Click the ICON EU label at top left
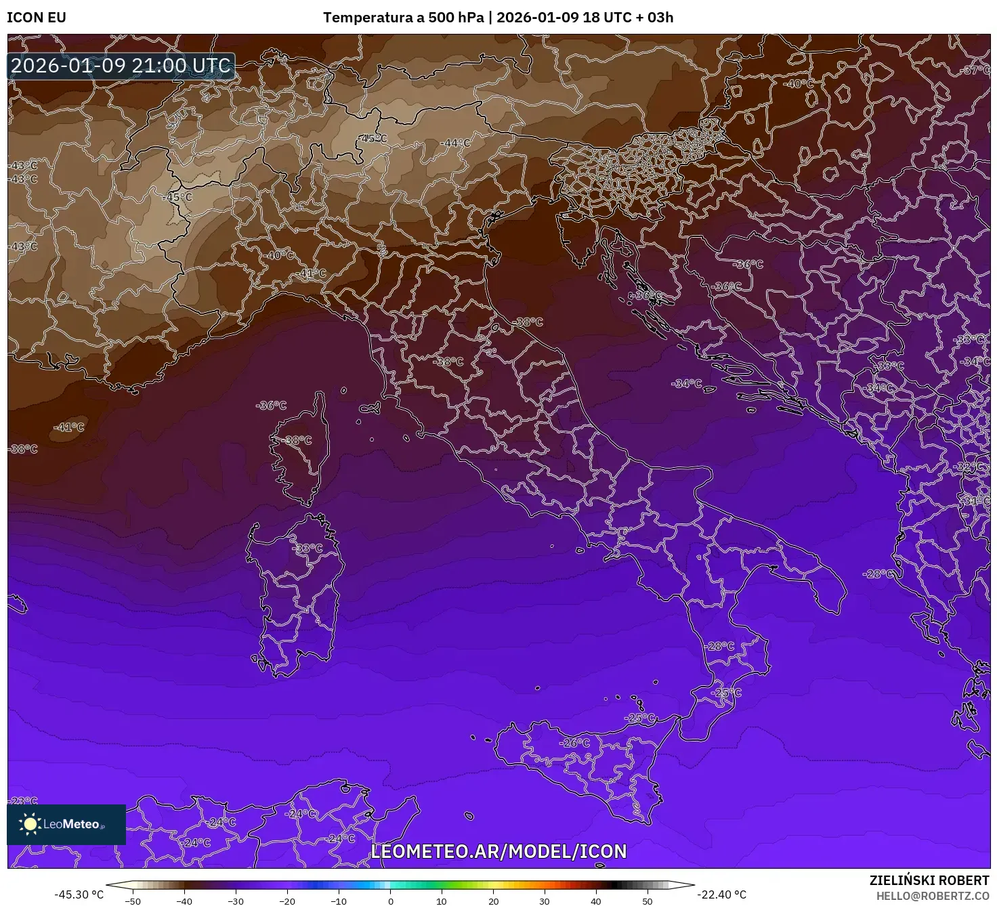pos(37,18)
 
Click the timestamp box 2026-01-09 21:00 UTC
pos(121,66)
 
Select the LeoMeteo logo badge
pos(66,824)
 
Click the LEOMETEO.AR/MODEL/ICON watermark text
pos(499,851)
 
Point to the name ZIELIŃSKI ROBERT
pos(929,880)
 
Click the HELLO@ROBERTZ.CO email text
pos(933,895)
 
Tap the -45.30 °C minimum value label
pos(79,894)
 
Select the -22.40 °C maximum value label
pos(722,894)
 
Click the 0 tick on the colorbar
pos(391,901)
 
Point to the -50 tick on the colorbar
pos(133,901)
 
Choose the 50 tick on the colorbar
pos(648,901)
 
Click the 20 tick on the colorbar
pos(494,901)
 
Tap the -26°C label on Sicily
pos(574,743)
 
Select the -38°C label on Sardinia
pos(308,548)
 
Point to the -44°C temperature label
pos(455,143)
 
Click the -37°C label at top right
pos(976,70)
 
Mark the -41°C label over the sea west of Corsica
pos(69,427)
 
